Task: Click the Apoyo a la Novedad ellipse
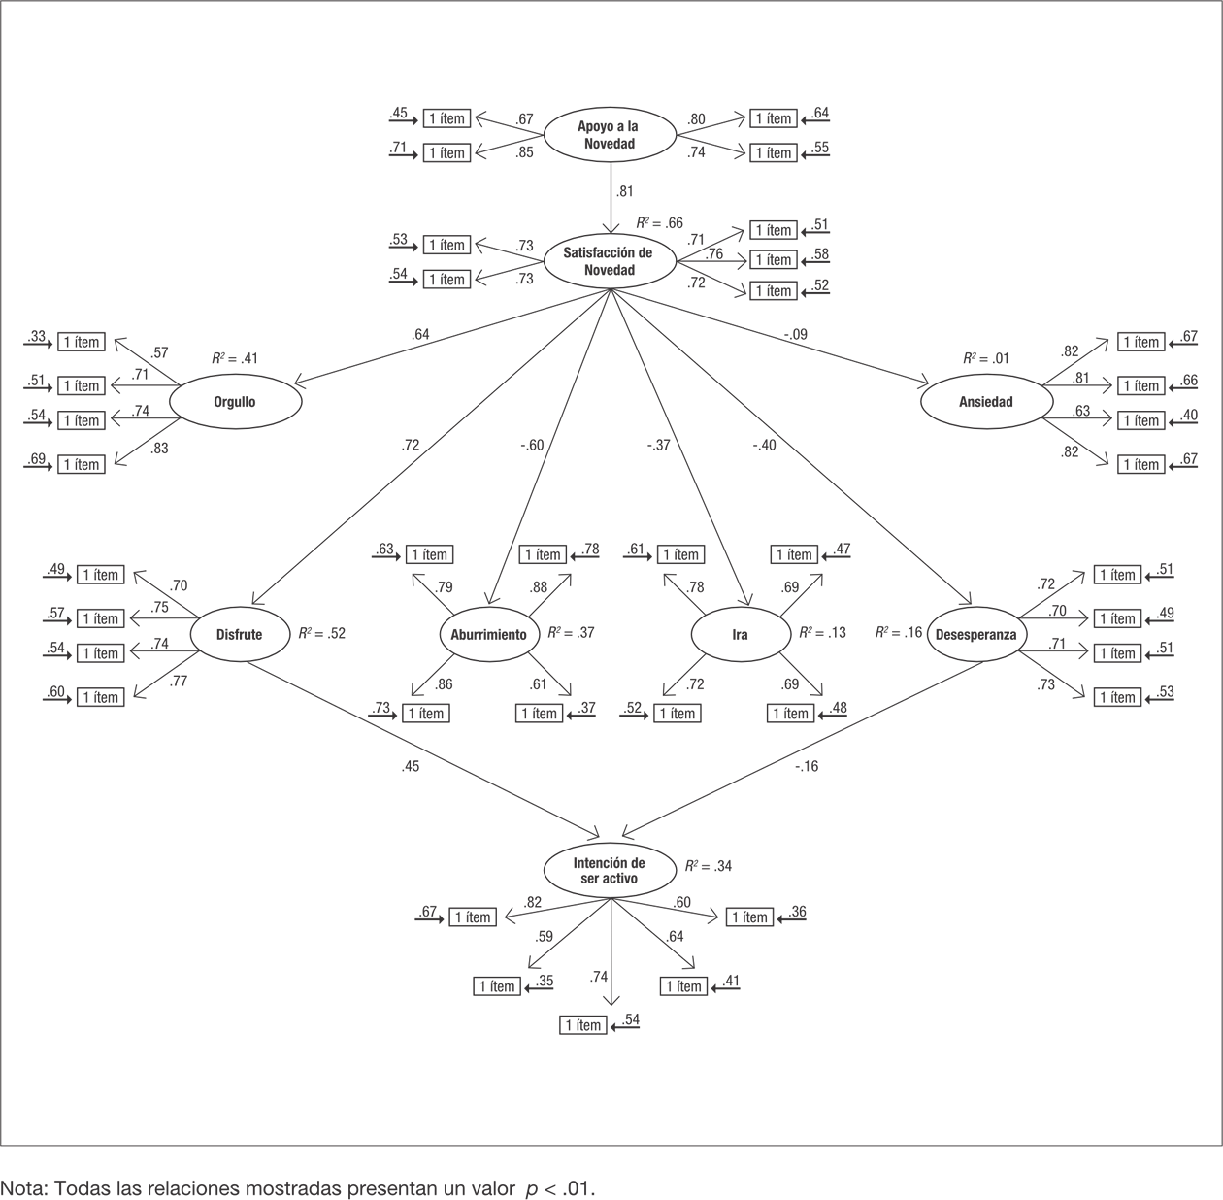[x=609, y=135]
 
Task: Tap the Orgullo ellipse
[x=235, y=401]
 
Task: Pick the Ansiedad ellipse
[x=985, y=401]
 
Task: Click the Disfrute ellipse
[x=239, y=634]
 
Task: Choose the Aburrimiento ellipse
[x=488, y=634]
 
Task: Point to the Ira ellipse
[x=740, y=634]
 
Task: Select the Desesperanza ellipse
[x=975, y=634]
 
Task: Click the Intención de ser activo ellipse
[x=609, y=869]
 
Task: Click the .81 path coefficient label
[x=625, y=192]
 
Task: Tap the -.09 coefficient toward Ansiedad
[x=795, y=335]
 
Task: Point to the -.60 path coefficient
[x=531, y=446]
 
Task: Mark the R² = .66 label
[x=660, y=223]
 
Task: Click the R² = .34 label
[x=708, y=866]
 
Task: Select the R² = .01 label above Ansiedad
[x=983, y=358]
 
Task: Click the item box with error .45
[x=446, y=118]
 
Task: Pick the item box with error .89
[x=81, y=464]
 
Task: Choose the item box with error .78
[x=542, y=554]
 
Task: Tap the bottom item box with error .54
[x=582, y=1025]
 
